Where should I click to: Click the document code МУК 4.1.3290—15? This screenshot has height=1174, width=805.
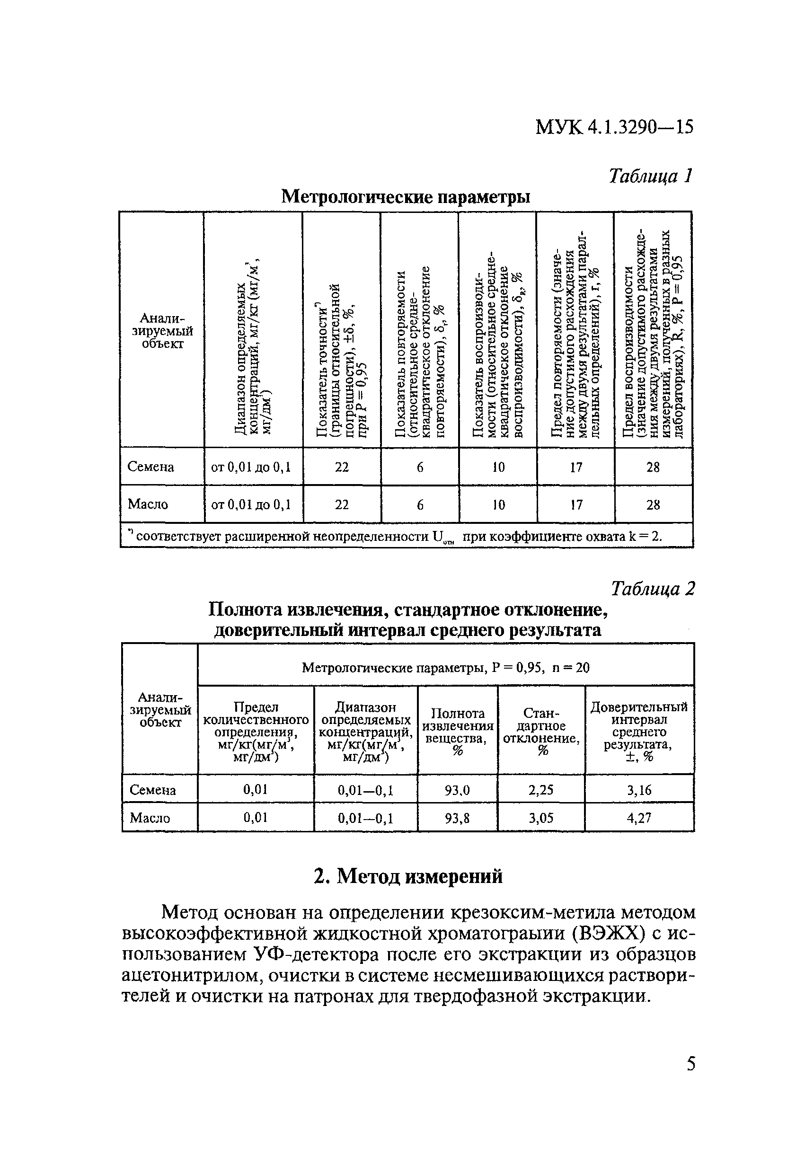(x=614, y=127)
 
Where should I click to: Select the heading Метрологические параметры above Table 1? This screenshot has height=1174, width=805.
(x=405, y=196)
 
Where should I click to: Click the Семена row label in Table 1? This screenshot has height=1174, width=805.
(x=150, y=467)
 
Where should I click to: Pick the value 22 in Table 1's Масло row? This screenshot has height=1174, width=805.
(x=342, y=504)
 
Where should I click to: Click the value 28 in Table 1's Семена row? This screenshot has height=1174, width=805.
(x=653, y=467)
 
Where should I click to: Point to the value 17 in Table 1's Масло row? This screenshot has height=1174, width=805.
(x=575, y=504)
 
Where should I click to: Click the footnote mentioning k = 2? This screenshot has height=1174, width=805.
(x=396, y=537)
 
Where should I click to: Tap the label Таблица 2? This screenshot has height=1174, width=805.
(x=653, y=589)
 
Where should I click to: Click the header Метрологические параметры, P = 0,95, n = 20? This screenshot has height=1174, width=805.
(x=445, y=668)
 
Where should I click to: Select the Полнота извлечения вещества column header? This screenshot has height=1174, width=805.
(x=457, y=732)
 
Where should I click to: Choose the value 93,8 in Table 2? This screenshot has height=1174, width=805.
(x=457, y=818)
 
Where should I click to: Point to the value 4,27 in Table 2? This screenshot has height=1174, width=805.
(x=639, y=818)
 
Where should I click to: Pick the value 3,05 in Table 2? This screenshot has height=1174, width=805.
(x=541, y=818)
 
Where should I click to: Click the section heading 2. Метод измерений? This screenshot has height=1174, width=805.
(x=408, y=876)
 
